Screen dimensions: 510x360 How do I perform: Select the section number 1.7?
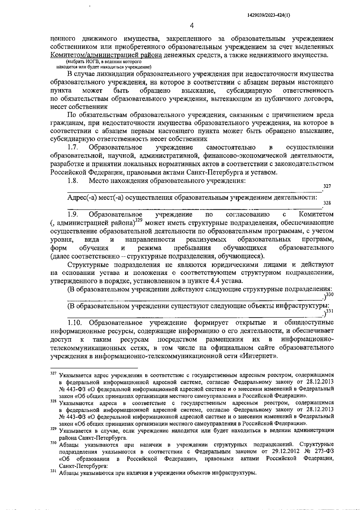pos(73,147)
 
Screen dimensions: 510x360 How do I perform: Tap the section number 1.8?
pos(73,180)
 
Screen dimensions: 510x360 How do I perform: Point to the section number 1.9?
pos(73,214)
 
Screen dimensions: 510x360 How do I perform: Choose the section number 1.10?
pos(75,323)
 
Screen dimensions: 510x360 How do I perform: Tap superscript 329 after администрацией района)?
pos(138,221)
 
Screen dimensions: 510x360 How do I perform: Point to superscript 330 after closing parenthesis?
pos(330,295)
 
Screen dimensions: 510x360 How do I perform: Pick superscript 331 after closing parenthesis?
pos(330,312)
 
